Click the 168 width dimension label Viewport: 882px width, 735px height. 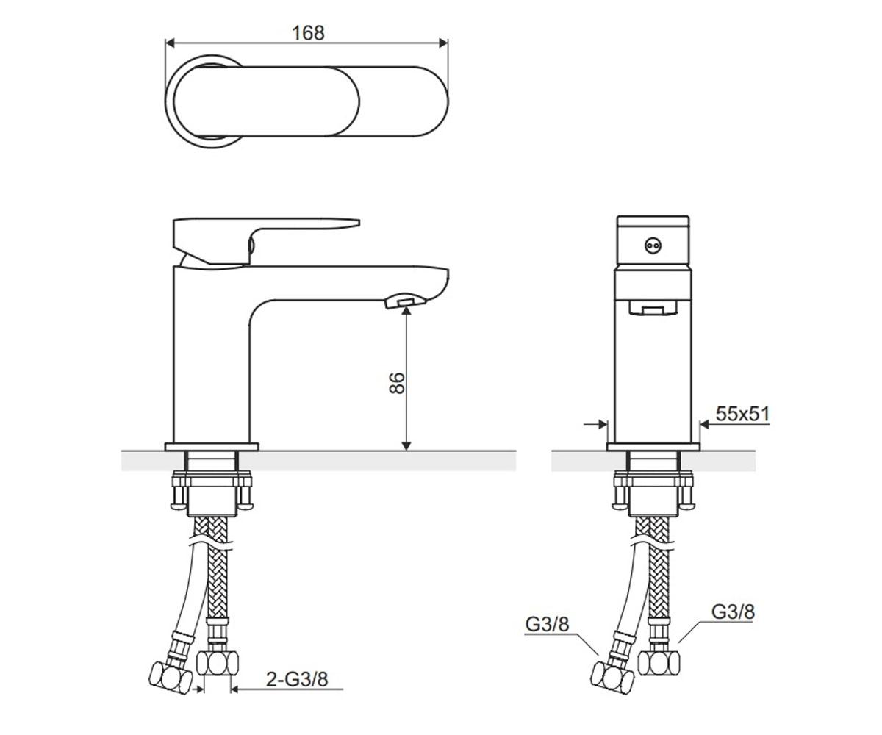(309, 33)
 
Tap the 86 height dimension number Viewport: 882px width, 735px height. (397, 383)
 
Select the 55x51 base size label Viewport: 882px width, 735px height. (742, 414)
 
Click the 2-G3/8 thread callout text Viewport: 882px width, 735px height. (297, 679)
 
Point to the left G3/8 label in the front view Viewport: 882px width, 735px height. (547, 624)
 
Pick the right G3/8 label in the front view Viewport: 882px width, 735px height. (733, 612)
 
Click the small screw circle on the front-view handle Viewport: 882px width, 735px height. (653, 245)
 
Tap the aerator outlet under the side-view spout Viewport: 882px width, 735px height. (405, 301)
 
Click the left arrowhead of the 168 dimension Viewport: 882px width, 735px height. (169, 43)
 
